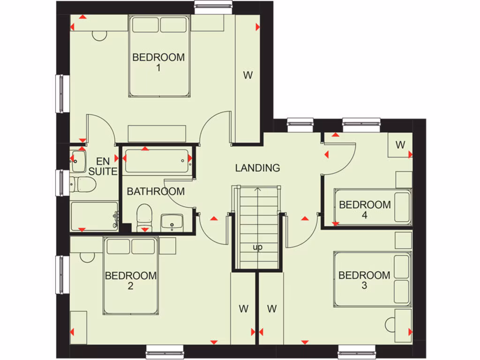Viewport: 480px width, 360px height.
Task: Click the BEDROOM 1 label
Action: point(158,62)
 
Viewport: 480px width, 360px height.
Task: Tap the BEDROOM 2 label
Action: point(130,280)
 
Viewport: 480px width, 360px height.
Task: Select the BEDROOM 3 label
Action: point(364,280)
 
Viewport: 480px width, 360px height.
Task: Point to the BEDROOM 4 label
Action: point(365,210)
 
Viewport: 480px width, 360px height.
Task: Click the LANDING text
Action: point(257,168)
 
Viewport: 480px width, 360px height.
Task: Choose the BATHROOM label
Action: point(156,191)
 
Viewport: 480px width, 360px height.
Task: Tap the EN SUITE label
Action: point(102,166)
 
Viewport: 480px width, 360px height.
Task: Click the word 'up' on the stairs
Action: point(257,247)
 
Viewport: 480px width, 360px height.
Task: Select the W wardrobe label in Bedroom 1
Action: point(247,75)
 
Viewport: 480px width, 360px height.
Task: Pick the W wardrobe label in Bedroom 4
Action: point(400,145)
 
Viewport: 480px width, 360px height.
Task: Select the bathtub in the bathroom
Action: point(157,161)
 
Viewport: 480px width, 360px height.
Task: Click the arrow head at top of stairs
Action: point(257,190)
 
